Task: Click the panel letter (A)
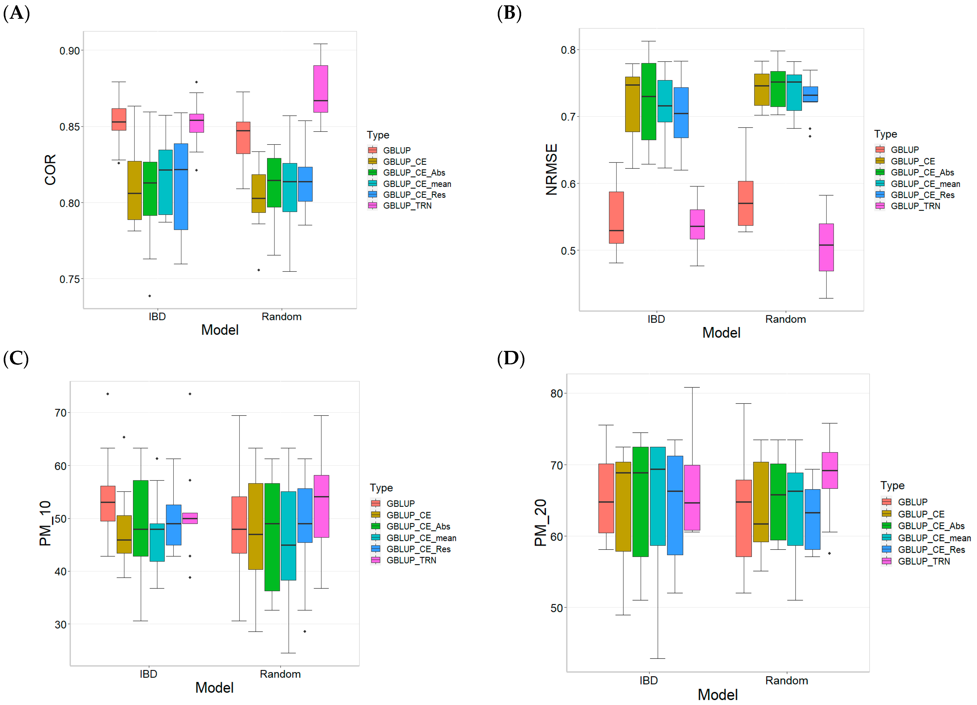coord(16,13)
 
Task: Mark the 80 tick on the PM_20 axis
coord(557,394)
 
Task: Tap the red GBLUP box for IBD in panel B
coord(616,217)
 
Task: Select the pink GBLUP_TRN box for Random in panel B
coord(826,247)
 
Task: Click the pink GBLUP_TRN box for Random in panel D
coord(830,470)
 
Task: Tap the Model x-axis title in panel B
coord(721,333)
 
